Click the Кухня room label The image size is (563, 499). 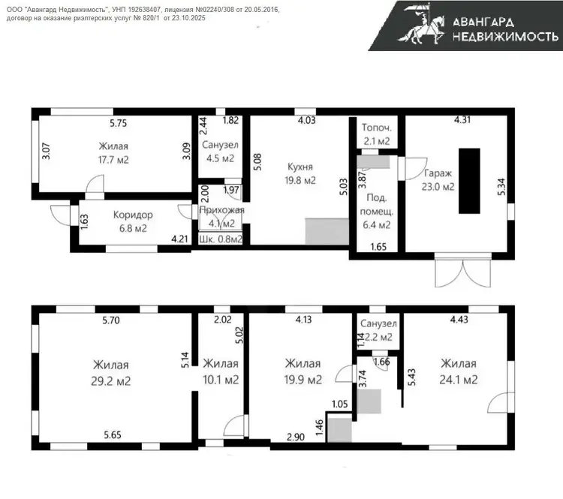pyautogui.click(x=300, y=167)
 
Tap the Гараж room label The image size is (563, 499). pyautogui.click(x=438, y=173)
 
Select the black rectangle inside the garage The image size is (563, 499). pyautogui.click(x=469, y=181)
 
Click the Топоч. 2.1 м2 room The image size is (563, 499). pyautogui.click(x=377, y=134)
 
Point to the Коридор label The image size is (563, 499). pyautogui.click(x=133, y=215)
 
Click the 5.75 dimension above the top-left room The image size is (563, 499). pyautogui.click(x=119, y=124)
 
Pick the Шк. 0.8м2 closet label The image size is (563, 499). pyautogui.click(x=221, y=239)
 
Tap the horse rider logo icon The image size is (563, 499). pyautogui.click(x=421, y=25)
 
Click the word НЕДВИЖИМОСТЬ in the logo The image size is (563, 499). pyautogui.click(x=505, y=36)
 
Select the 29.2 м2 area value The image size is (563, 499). pyautogui.click(x=110, y=380)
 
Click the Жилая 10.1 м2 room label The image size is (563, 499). pyautogui.click(x=221, y=371)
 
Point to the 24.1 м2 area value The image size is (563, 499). pyautogui.click(x=459, y=380)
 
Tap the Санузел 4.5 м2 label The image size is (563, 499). pyautogui.click(x=220, y=152)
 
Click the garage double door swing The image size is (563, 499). pyautogui.click(x=463, y=274)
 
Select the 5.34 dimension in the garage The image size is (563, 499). pyautogui.click(x=501, y=187)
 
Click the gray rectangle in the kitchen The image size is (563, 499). pyautogui.click(x=327, y=232)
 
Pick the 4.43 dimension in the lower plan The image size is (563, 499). pyautogui.click(x=459, y=319)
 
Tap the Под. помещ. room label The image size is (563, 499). pyautogui.click(x=377, y=212)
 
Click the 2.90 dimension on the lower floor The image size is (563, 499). pyautogui.click(x=296, y=437)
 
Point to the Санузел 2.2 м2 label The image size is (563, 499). pyautogui.click(x=378, y=330)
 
